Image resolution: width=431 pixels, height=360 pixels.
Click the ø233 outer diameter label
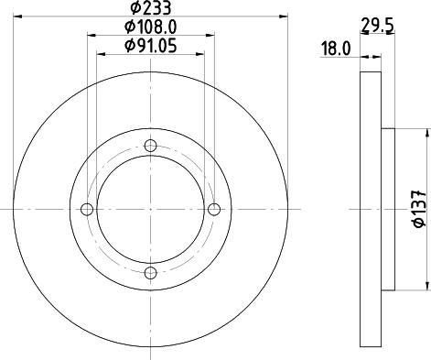click(151, 8)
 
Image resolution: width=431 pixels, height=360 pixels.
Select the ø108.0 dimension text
click(151, 28)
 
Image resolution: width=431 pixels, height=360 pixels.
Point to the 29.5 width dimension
click(371, 29)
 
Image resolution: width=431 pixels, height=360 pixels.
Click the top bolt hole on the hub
click(151, 145)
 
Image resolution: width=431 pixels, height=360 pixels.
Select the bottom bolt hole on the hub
click(151, 271)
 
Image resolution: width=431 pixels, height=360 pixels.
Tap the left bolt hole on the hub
click(88, 209)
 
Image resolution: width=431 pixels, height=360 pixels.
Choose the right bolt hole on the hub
click(214, 209)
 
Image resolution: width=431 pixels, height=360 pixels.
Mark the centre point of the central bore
click(151, 209)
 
